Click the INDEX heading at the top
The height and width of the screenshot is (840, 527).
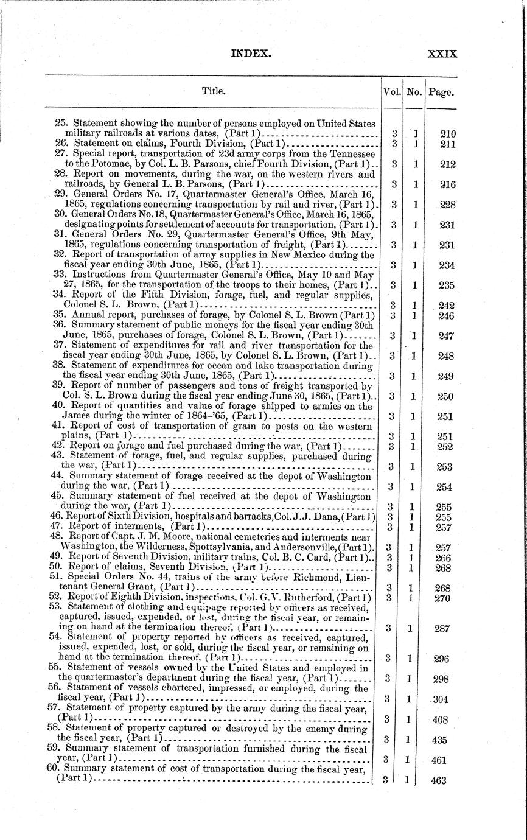tap(250, 54)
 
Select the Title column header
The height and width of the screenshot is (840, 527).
tap(214, 91)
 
